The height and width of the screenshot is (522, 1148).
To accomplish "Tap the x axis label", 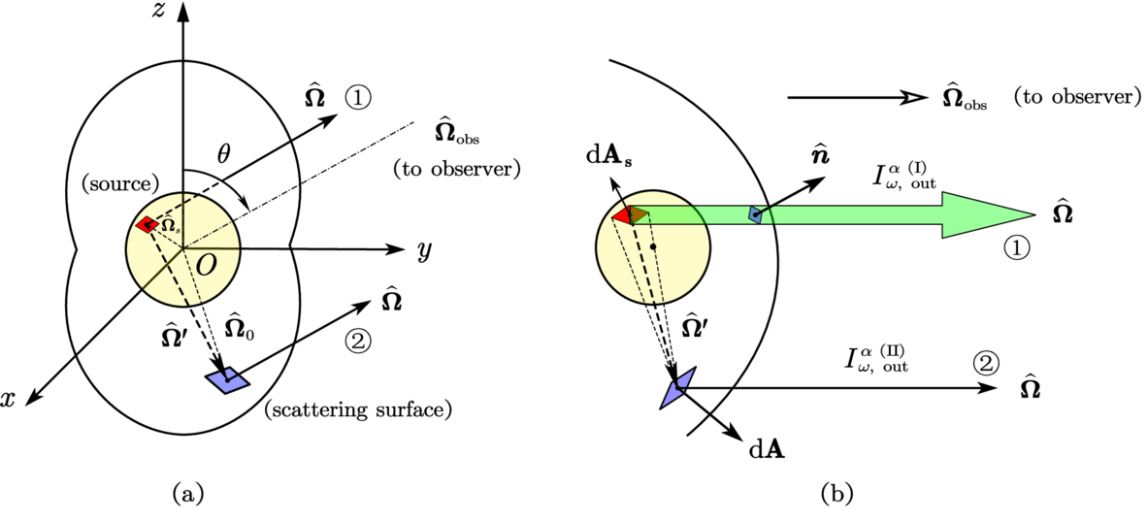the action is [9, 398].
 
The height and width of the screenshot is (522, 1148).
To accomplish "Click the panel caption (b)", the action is [836, 495].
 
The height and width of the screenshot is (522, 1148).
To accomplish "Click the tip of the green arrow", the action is [1034, 215].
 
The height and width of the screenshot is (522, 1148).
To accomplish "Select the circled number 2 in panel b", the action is [986, 362].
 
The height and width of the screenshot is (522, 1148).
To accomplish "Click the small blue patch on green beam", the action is [755, 214].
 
